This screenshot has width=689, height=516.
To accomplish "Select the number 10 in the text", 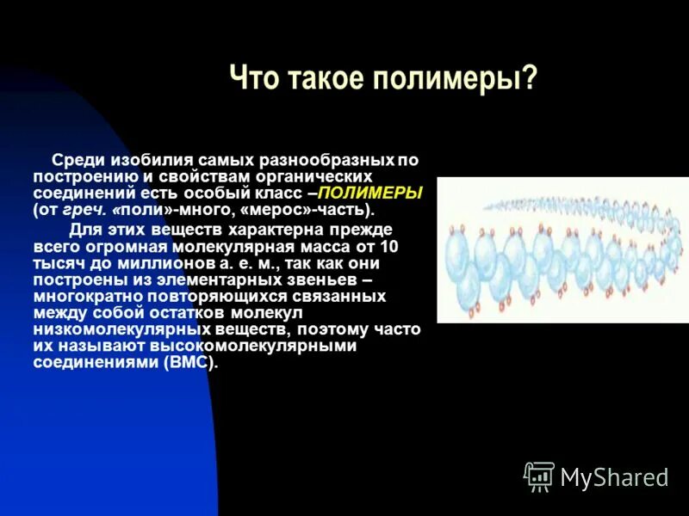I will coord(389,246).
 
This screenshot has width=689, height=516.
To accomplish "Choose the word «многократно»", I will coord(78,296).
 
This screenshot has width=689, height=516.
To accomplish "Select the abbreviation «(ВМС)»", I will coord(191,362).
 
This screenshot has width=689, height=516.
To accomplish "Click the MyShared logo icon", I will coord(539,476).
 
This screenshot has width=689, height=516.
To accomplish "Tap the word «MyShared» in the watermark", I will coord(614,477).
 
